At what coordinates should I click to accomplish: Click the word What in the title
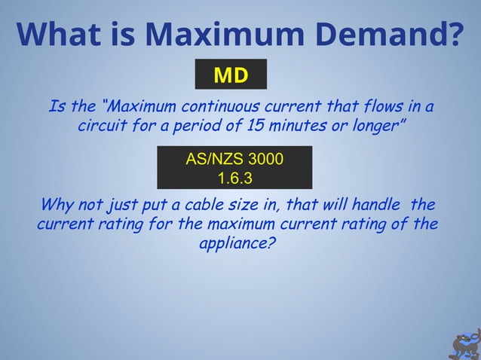pyautogui.click(x=58, y=33)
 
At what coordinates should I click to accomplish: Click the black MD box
pyautogui.click(x=231, y=75)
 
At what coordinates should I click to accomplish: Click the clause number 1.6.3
pyautogui.click(x=234, y=178)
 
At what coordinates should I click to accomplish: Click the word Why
pyautogui.click(x=57, y=205)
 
